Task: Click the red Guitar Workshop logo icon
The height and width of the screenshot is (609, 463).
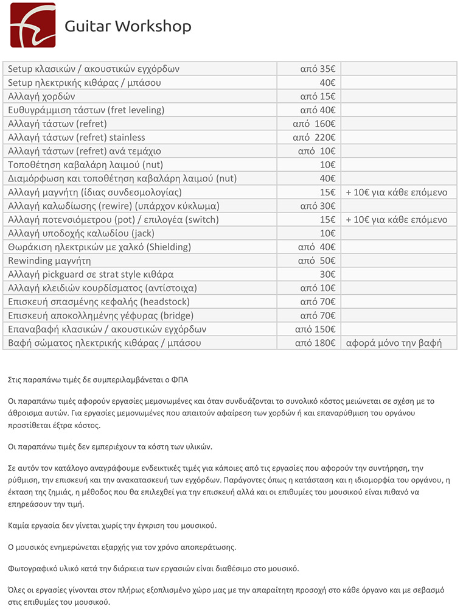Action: pyautogui.click(x=33, y=25)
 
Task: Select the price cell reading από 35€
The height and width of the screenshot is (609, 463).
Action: pyautogui.click(x=318, y=69)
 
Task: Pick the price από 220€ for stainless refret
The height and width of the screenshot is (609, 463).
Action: pyautogui.click(x=314, y=137)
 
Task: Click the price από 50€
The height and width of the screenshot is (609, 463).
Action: pyautogui.click(x=316, y=261)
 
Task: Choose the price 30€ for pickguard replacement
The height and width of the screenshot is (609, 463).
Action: pyautogui.click(x=327, y=274)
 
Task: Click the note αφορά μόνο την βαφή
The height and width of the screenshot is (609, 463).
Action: pyautogui.click(x=393, y=343)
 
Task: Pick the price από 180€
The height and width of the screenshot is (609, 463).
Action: pyautogui.click(x=315, y=343)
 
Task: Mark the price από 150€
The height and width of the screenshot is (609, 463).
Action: pyautogui.click(x=315, y=329)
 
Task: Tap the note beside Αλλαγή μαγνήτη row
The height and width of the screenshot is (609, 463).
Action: pyautogui.click(x=397, y=192)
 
